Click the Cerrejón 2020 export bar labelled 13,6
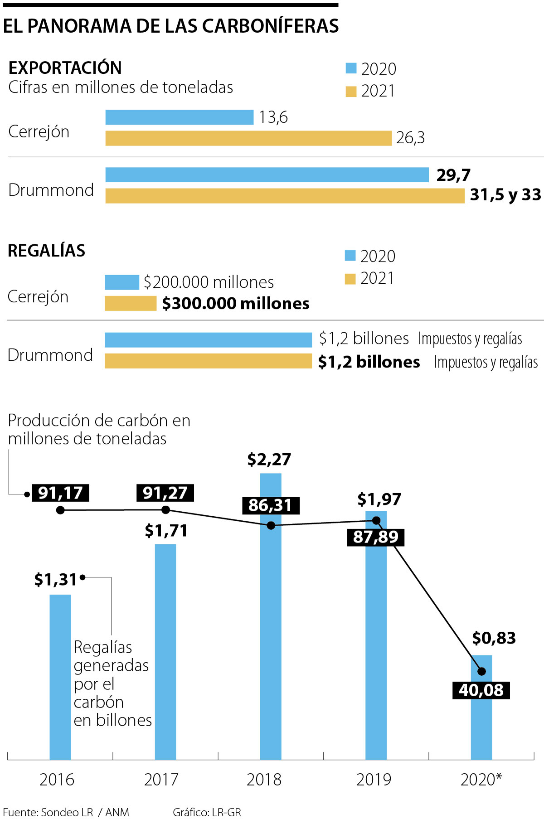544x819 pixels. click(x=179, y=117)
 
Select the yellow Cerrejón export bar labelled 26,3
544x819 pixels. click(x=248, y=138)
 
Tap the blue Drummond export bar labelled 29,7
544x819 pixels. click(x=267, y=175)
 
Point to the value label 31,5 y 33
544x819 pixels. click(x=505, y=195)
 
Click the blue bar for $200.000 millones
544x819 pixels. click(x=121, y=282)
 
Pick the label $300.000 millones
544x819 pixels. click(x=236, y=303)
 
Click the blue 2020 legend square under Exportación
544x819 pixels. click(x=351, y=68)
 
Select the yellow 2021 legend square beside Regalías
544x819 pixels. click(x=350, y=279)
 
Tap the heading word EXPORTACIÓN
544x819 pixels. click(x=65, y=68)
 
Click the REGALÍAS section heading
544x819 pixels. click(x=47, y=251)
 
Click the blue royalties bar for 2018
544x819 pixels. click(x=271, y=635)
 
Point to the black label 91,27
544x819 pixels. click(x=165, y=493)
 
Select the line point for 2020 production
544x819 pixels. click(x=481, y=671)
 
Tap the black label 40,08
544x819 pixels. click(x=481, y=690)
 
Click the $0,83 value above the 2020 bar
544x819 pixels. click(x=494, y=638)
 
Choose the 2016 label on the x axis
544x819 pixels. click(x=57, y=780)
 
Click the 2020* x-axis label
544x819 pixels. click(x=481, y=780)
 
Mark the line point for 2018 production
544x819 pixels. click(x=271, y=526)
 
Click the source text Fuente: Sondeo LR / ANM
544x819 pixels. click(x=66, y=812)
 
